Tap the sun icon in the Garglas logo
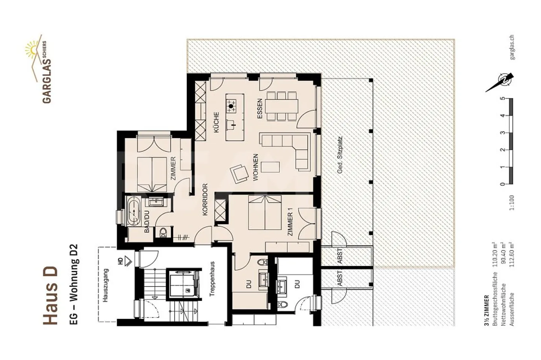coord(32,49)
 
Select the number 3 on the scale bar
coord(503,133)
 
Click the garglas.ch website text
coord(512,47)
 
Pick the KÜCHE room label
coord(216,122)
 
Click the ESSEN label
coord(259,109)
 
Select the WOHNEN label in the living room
coord(255,167)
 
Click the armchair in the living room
coord(239,173)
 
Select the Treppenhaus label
coord(212,279)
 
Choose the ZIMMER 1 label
coord(290,224)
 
